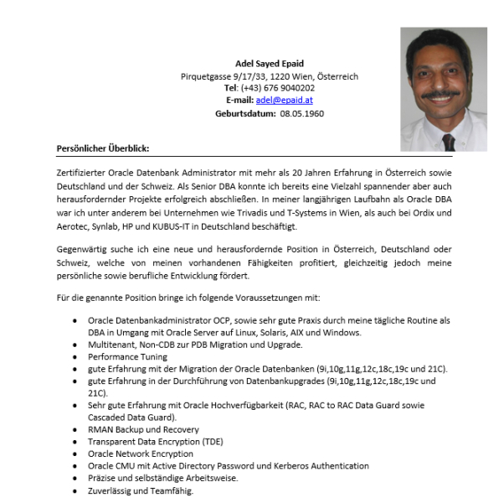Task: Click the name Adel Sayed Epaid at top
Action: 270,63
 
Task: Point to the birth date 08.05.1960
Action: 302,113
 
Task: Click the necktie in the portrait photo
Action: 449,141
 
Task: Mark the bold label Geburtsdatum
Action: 244,113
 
